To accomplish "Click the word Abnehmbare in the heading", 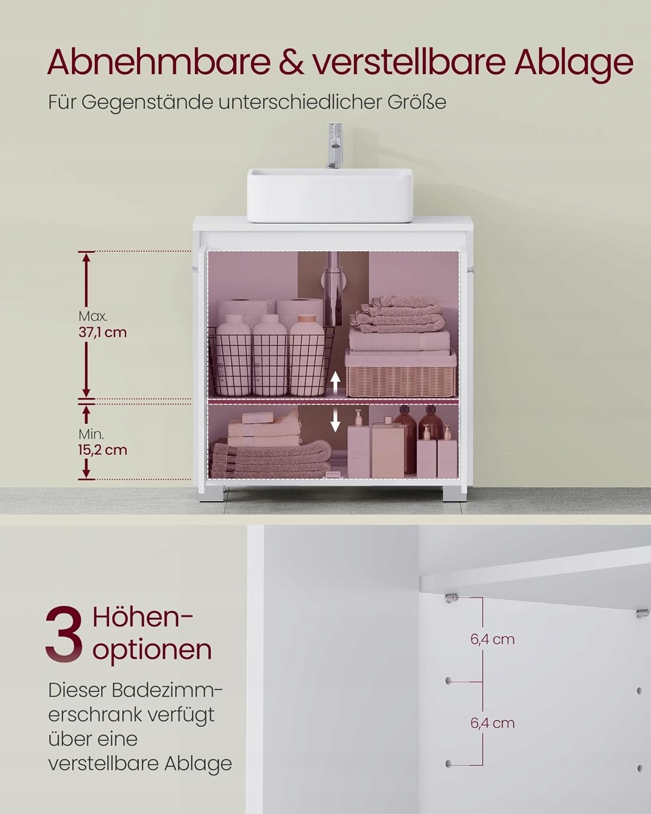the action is coord(158,62).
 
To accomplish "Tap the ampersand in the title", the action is coord(291,62).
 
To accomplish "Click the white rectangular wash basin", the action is coord(330,195).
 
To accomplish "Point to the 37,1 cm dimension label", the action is coord(103,333).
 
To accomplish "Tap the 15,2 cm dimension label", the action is coord(103,450).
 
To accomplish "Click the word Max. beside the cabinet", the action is coord(93,316).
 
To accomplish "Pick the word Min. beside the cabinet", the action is coord(91,434).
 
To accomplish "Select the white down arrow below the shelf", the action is coord(335,421).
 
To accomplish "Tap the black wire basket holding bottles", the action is coord(271,361).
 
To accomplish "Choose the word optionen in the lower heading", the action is coord(152,651).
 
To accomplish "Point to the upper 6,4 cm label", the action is coord(493,639).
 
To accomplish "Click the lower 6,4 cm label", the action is coord(493,723).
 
